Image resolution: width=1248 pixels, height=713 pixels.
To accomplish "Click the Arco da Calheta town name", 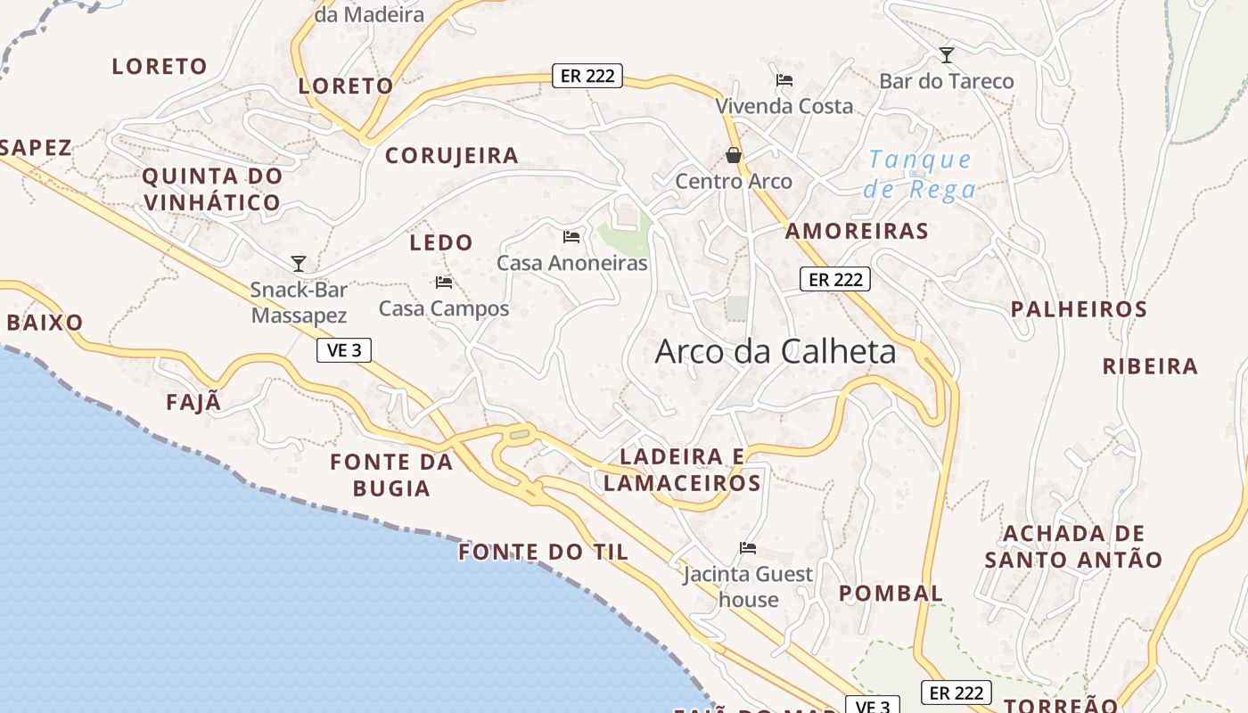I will tap(776, 351).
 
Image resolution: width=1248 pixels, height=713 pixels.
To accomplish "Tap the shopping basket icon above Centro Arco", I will tap(734, 155).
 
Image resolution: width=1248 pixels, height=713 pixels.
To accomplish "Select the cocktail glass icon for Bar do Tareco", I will tap(947, 55).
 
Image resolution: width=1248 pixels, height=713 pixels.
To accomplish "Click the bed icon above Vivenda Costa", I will tap(784, 80).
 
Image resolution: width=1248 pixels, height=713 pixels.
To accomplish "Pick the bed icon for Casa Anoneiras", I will tap(571, 237).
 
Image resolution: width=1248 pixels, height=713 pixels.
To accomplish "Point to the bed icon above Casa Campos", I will tap(444, 283).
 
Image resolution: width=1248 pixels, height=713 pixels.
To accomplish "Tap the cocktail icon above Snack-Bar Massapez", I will tap(299, 263).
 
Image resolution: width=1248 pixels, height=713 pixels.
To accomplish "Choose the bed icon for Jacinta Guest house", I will tap(748, 548).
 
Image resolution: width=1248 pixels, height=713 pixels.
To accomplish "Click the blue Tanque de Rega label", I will tap(920, 174).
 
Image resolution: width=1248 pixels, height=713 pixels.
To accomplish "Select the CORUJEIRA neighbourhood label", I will tap(452, 155).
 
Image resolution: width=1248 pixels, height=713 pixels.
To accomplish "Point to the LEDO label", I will tap(441, 242).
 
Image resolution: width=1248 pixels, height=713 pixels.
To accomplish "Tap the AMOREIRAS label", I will tap(857, 231).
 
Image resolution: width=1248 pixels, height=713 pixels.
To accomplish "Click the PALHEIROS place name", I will tap(1079, 309).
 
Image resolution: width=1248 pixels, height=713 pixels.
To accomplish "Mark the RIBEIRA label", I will tap(1150, 366).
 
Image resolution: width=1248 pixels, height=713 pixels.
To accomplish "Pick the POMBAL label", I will tap(891, 593).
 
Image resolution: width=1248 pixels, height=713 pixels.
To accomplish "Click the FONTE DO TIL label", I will tap(544, 552).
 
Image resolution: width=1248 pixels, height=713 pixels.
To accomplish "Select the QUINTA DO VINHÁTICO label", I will tap(212, 189).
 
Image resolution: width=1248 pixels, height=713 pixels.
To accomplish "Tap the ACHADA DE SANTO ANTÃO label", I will tap(1074, 546).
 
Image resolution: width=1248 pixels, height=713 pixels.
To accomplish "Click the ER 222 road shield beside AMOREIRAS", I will tap(834, 279).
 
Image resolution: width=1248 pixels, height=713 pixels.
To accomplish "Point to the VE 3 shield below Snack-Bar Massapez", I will tap(344, 350).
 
